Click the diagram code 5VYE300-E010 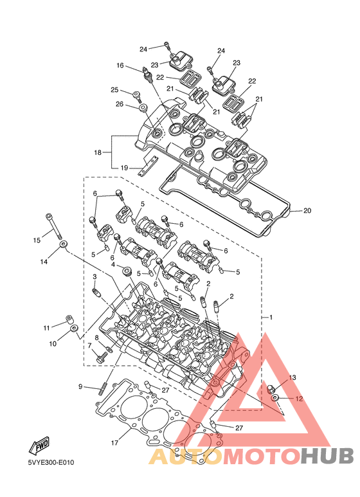click(51, 462)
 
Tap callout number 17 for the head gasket click(114, 442)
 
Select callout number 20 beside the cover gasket click(307, 210)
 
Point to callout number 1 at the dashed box click(271, 317)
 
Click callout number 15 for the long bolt click(37, 240)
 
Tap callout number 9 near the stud click(80, 386)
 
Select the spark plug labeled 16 click(148, 75)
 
